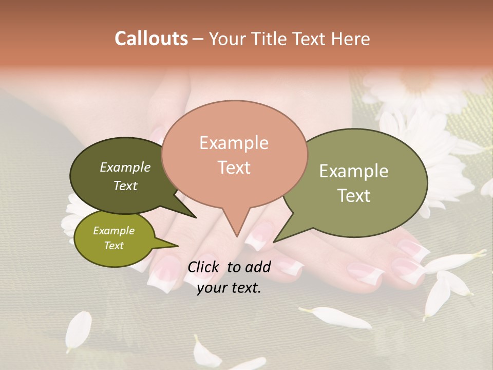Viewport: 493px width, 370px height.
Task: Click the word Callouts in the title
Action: pos(151,39)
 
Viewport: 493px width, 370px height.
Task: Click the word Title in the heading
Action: pos(270,39)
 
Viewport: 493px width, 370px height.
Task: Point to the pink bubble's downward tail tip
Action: pos(237,236)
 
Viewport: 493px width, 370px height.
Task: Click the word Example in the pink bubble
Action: pos(234,143)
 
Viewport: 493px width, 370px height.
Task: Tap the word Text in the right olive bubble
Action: pos(353,196)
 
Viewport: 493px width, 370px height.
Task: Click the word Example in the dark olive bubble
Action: pos(125,168)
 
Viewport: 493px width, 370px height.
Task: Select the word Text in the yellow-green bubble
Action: pos(113,246)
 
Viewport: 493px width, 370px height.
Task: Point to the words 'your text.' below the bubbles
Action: pos(229,288)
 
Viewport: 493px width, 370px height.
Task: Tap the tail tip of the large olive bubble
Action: pos(274,242)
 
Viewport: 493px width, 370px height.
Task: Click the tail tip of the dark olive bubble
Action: pos(196,217)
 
